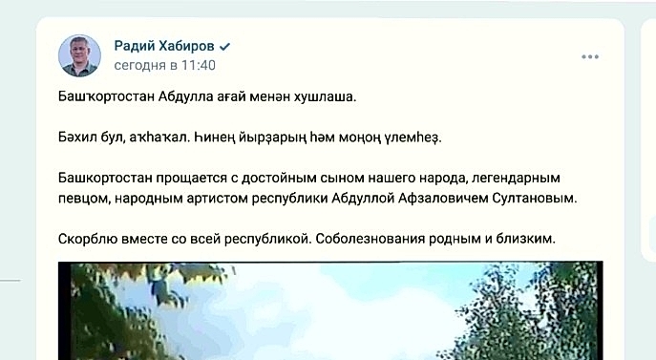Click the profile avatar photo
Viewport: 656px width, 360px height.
coord(79,55)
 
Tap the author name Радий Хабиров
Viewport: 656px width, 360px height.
coord(164,46)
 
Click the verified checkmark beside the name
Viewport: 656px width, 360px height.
coord(224,47)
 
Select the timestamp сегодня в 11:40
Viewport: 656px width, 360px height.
coord(165,65)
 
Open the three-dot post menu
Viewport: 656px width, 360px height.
coord(590,56)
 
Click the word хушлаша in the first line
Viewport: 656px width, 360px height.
coord(325,97)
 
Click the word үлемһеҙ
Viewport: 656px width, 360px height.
coord(413,138)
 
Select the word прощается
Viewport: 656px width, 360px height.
coord(192,178)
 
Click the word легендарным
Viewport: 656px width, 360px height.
coord(516,178)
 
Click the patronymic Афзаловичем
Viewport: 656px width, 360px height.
coord(443,198)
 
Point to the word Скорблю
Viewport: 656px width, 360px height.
coord(88,239)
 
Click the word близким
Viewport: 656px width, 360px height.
coord(525,239)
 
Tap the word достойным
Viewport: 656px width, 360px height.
coord(279,178)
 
